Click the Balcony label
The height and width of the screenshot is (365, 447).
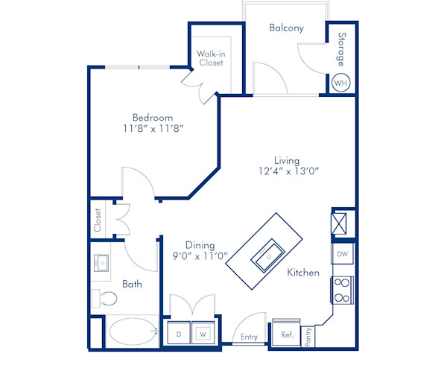[286, 28]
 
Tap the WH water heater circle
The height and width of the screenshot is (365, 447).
[340, 83]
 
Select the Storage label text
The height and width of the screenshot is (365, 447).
[342, 48]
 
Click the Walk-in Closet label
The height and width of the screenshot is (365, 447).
[211, 59]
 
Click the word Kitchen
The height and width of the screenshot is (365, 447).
[303, 273]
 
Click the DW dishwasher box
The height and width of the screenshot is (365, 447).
[342, 255]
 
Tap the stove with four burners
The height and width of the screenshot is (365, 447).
[342, 290]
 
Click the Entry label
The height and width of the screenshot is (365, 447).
[249, 337]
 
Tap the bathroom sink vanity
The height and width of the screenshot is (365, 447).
[101, 264]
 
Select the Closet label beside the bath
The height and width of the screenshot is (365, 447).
[98, 220]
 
